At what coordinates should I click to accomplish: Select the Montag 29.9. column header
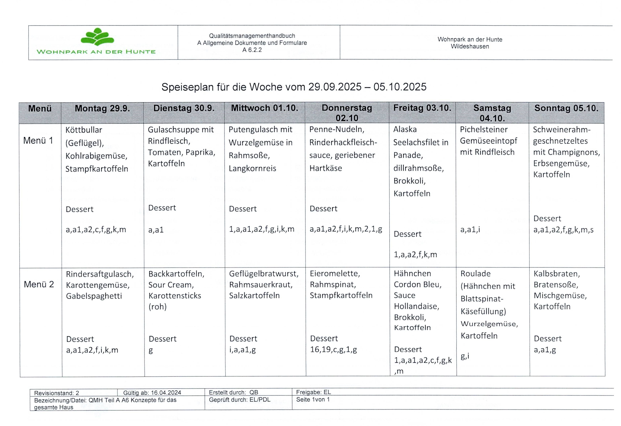pos(102,108)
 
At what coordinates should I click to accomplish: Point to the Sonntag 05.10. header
pos(566,108)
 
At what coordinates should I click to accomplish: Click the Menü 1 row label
pos(38,140)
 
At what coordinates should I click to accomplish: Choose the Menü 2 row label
pos(39,284)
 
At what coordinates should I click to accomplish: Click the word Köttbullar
pos(84,130)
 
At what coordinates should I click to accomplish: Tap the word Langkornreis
pos(252,169)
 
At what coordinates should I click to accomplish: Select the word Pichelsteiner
pos(484,130)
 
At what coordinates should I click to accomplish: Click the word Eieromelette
pos(335,274)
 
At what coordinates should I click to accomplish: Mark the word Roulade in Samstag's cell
pos(475,274)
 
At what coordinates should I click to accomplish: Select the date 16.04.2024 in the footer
pos(166,393)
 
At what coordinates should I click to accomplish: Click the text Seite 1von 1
pos(313,400)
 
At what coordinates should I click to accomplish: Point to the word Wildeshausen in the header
pos(470,46)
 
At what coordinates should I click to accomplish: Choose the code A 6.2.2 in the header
pos(252,50)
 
